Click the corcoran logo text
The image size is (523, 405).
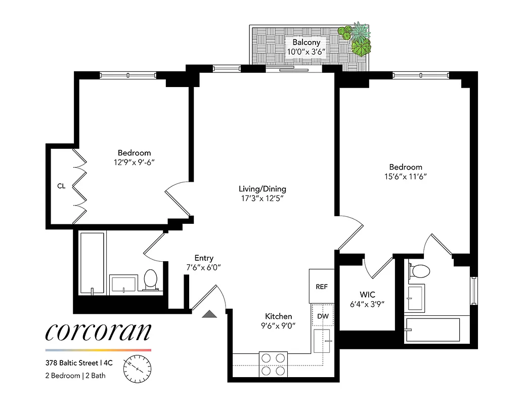pos(98,332)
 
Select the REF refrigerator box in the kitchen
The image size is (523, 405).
pos(322,287)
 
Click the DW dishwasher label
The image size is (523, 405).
pos(322,317)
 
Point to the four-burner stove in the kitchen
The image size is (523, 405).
pos(273,364)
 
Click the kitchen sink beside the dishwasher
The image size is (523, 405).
pos(322,341)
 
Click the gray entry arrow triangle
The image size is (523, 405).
pos(209,315)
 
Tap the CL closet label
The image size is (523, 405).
pos(61,186)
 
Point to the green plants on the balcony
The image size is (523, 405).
pos(357,41)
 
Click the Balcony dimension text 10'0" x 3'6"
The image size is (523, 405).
pos(306,52)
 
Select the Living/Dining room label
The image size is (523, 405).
pos(263,189)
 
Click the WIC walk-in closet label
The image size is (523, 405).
pos(368,294)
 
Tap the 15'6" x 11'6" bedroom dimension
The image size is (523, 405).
pos(405,177)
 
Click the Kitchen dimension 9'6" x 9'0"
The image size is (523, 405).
pos(279,326)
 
